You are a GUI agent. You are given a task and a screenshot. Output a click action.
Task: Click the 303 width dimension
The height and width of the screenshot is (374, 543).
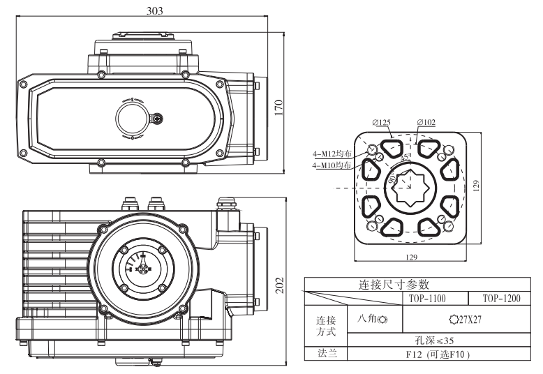[152, 10]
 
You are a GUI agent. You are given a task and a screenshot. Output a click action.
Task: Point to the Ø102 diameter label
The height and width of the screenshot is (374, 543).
[426, 121]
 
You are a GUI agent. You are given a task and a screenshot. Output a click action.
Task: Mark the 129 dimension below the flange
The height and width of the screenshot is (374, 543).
[410, 258]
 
